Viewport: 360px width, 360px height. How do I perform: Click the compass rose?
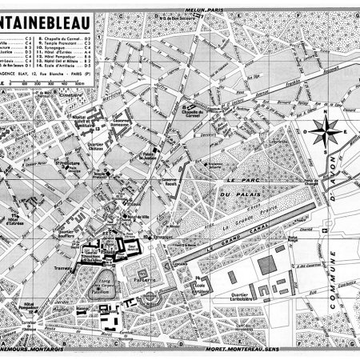click(x=326, y=132)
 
